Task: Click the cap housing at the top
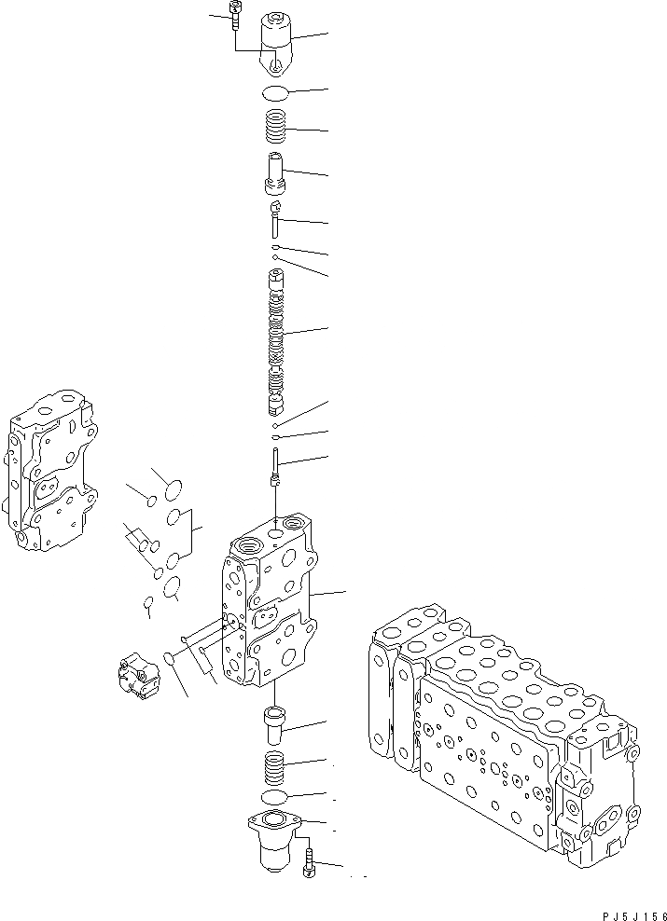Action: click(x=277, y=42)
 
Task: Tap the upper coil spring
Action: click(x=277, y=126)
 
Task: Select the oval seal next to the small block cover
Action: click(x=171, y=660)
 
